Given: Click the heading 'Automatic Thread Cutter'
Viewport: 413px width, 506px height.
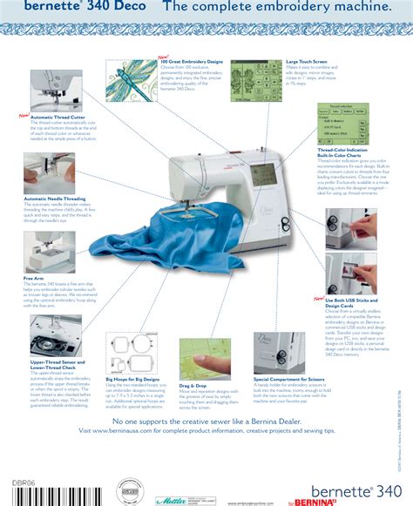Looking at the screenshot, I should [58, 117].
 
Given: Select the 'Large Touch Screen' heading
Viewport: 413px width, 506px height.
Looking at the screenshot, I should [307, 62].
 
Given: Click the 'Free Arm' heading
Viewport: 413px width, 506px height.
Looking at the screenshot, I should [34, 279].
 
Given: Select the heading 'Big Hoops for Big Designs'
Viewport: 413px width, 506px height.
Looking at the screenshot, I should [132, 380].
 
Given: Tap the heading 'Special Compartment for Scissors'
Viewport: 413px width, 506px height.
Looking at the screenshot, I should [291, 380].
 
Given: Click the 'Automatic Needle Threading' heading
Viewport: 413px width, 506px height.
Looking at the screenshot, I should [55, 199].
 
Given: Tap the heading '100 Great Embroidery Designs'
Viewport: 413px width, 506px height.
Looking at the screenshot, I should [191, 62].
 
